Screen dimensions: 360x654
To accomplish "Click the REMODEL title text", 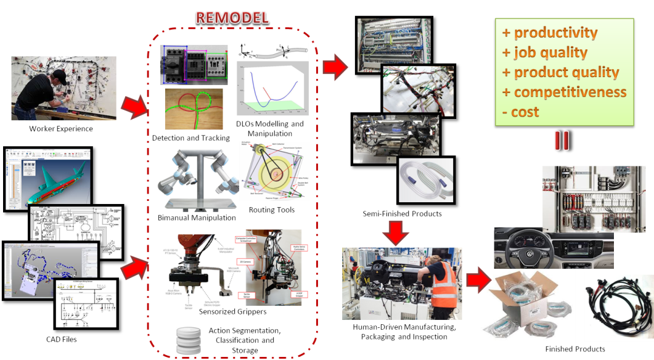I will (232, 17).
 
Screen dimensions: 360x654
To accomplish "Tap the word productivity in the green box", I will (555, 32).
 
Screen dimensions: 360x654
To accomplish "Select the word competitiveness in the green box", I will (570, 92).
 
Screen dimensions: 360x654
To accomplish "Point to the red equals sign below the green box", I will (561, 140).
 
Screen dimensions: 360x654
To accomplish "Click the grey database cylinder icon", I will (189, 341).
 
